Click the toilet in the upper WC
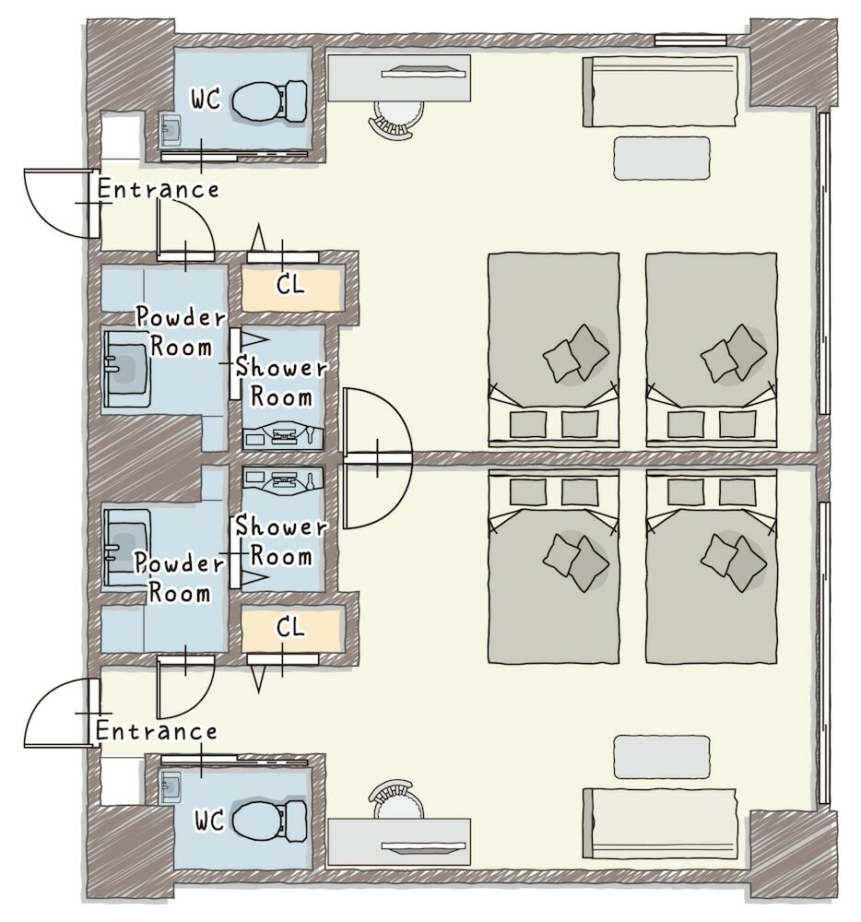pos(270,101)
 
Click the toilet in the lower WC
pos(270,821)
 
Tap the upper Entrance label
pos(158,189)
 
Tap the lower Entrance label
pos(157,731)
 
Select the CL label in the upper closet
pos(290,285)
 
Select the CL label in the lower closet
pos(290,628)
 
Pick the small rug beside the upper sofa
pos(662,159)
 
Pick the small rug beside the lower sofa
pos(662,757)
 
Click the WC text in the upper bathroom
pos(206,100)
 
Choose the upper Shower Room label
pos(281,383)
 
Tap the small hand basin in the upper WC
pos(171,130)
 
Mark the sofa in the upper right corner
pos(660,91)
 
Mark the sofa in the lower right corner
pos(660,823)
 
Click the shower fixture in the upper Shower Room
pos(283,436)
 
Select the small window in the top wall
pos(690,40)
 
